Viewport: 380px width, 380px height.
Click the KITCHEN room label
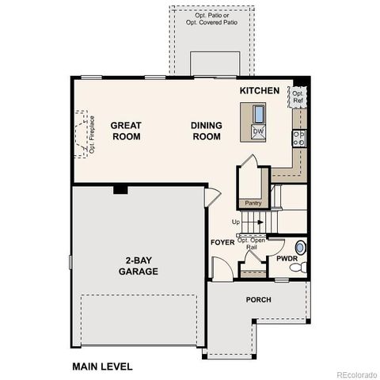(x=260, y=91)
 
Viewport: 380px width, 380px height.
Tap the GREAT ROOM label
(x=125, y=131)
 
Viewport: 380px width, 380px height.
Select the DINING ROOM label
(x=207, y=131)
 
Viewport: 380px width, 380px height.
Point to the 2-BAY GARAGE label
(x=139, y=265)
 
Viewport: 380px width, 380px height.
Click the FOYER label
(x=222, y=242)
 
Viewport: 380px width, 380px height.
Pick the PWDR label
(x=287, y=259)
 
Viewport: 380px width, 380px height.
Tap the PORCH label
(x=258, y=300)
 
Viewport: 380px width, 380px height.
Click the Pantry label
(x=253, y=203)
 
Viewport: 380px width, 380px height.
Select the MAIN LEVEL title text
(x=102, y=367)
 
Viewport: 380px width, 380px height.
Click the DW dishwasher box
(x=258, y=131)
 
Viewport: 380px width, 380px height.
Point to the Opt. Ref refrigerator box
(x=298, y=97)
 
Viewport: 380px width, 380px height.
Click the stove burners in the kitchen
(x=299, y=139)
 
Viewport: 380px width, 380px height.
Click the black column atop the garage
(x=120, y=188)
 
